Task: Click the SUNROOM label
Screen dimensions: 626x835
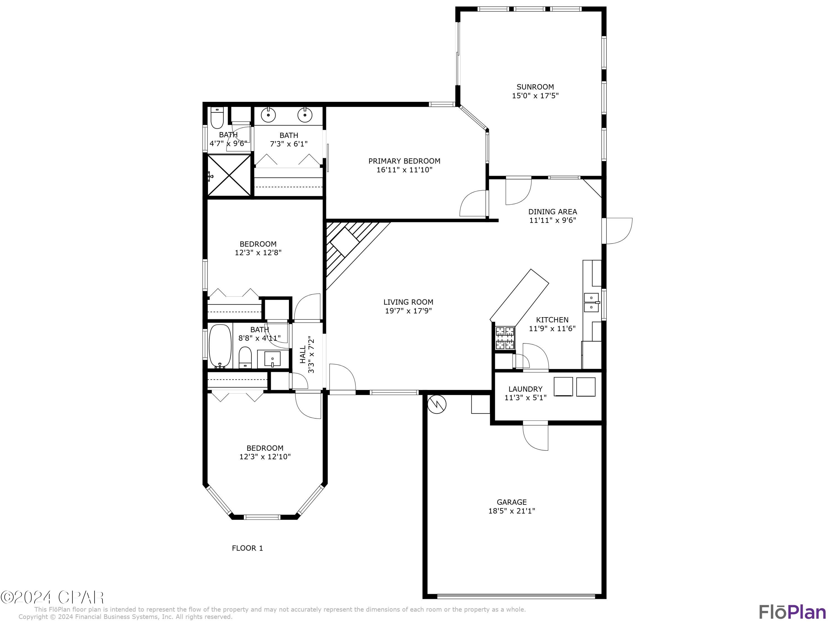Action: point(535,87)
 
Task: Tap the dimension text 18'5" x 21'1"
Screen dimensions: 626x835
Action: point(512,511)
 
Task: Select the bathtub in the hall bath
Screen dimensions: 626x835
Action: point(220,346)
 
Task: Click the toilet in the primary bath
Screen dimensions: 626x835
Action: point(217,117)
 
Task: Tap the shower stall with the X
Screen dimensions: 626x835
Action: point(229,176)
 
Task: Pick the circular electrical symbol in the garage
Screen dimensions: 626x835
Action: point(437,405)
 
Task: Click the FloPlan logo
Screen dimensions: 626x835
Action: point(792,612)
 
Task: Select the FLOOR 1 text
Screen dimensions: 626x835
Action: point(247,548)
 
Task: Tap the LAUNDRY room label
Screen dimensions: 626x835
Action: point(525,389)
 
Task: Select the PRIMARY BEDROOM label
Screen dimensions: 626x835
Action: point(404,161)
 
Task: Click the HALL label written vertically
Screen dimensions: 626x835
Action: point(303,354)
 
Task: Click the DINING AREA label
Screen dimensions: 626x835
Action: point(552,212)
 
